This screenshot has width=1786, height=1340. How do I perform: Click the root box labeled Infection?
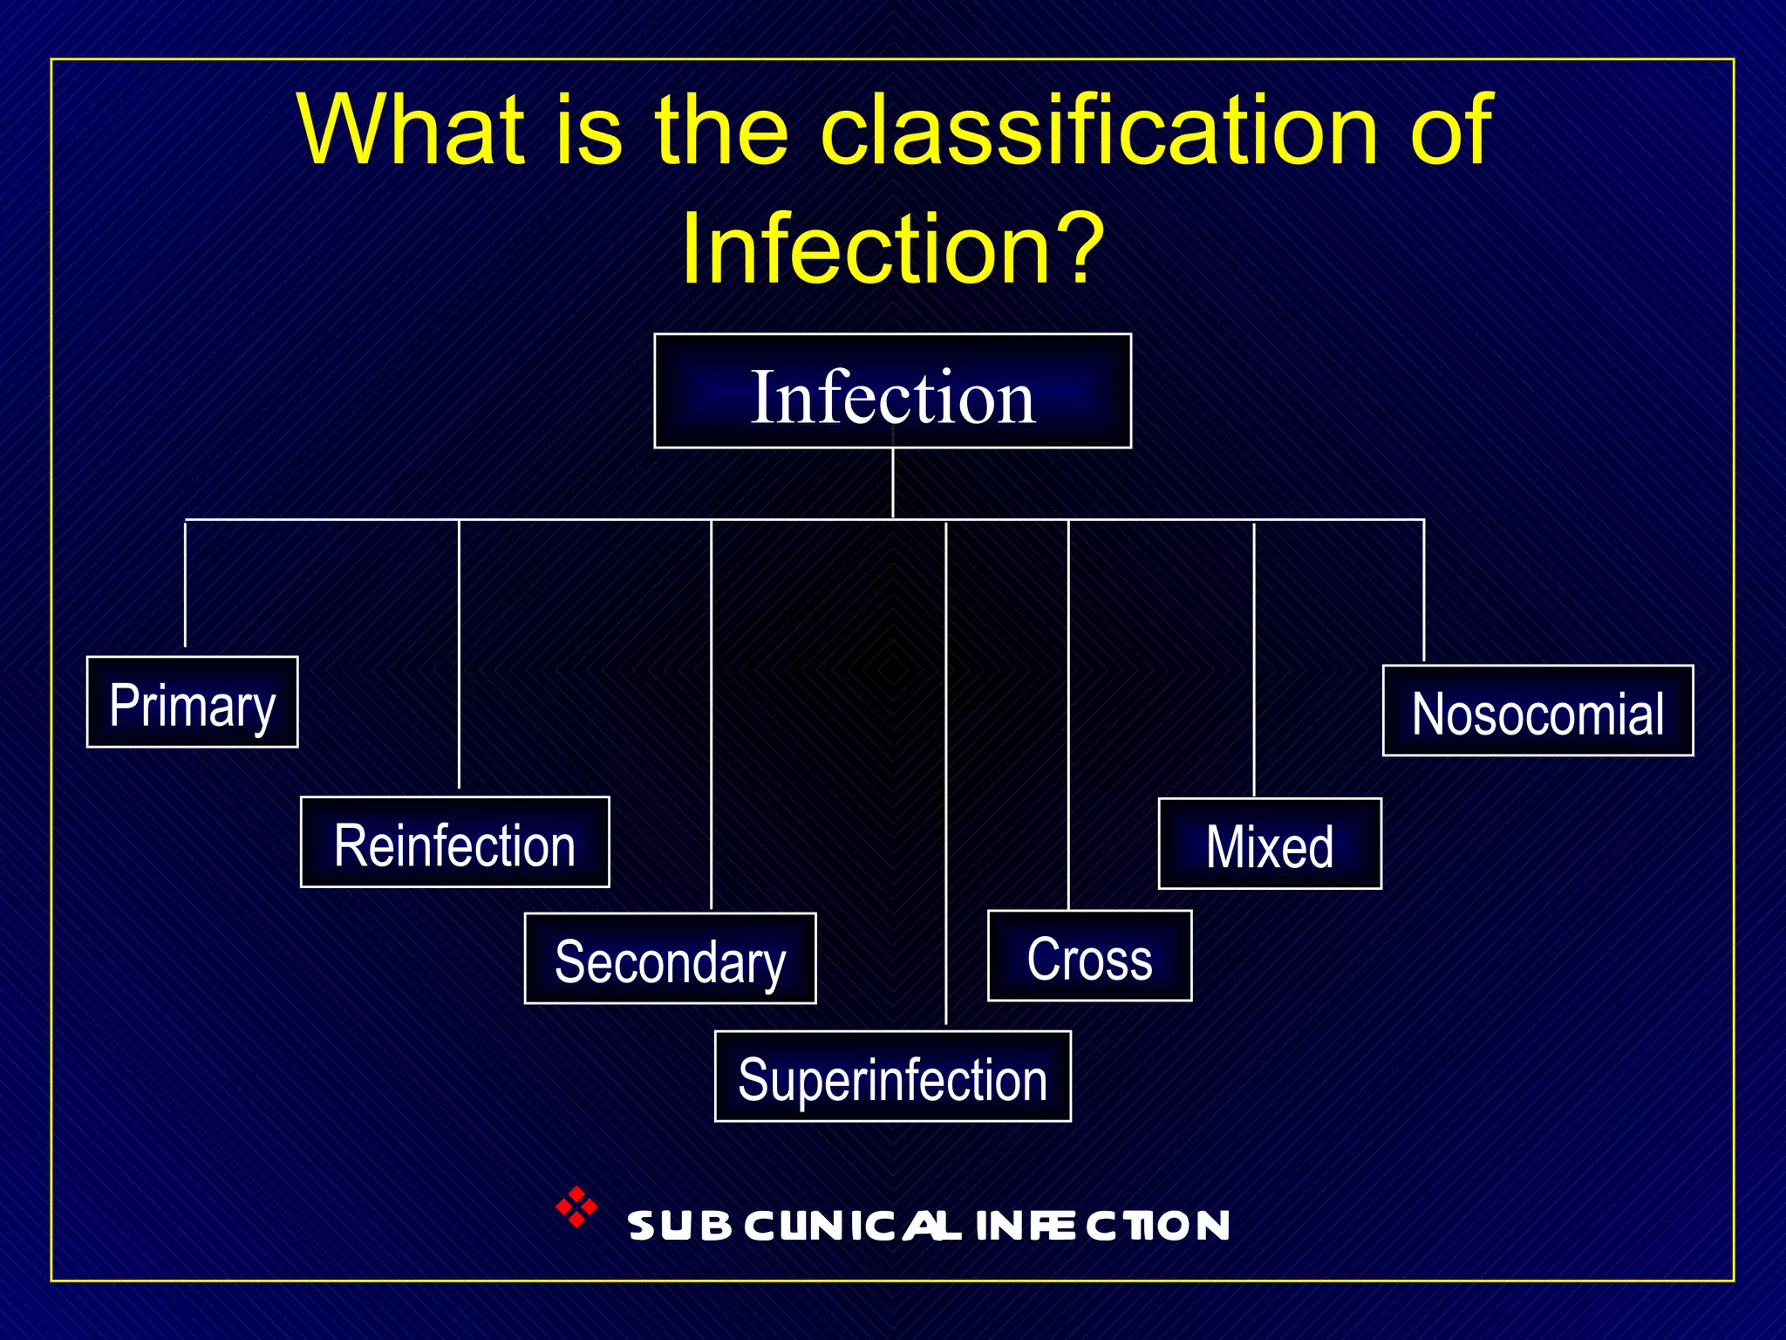[892, 392]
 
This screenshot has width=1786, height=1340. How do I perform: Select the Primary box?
[192, 702]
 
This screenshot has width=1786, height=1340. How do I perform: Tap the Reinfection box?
[454, 843]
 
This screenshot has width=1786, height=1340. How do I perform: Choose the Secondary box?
[670, 959]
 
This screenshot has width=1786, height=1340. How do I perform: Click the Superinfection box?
[892, 1077]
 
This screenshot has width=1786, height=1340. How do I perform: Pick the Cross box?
[1089, 956]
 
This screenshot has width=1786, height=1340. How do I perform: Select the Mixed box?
[1270, 844]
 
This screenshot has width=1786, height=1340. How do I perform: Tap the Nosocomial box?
[1537, 711]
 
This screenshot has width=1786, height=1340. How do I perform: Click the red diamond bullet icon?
[576, 1207]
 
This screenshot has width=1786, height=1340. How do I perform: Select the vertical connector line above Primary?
[185, 585]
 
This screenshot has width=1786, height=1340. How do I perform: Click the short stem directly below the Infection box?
[893, 484]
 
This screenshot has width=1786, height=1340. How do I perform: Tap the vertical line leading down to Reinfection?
[459, 654]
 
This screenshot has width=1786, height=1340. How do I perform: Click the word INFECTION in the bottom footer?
[1103, 1226]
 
